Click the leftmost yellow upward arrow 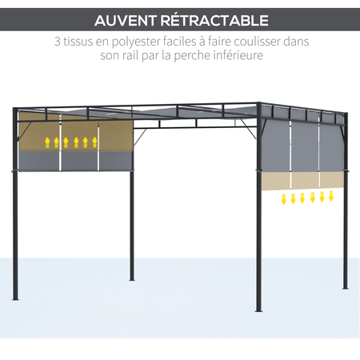(47, 143)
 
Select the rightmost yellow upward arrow (94, 143)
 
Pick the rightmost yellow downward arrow (332, 197)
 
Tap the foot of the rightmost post (346, 286)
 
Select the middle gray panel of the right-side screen (304, 147)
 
